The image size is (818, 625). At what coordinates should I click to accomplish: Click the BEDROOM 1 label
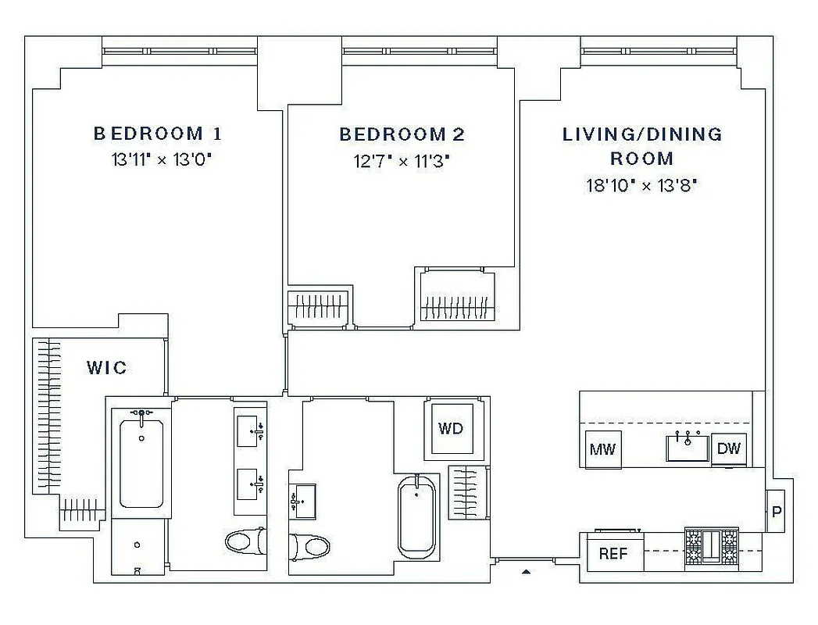point(158,134)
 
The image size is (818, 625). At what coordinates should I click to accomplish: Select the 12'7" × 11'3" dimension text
point(402,162)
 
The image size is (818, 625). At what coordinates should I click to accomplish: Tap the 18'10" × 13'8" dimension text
point(641,186)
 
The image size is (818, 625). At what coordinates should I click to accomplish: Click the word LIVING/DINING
point(642,134)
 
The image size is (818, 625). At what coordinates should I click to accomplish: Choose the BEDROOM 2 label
point(402,134)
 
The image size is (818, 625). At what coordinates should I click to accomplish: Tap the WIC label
point(107,367)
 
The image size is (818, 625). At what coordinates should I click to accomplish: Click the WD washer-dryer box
point(450,428)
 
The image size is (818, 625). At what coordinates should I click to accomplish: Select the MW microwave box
point(602,449)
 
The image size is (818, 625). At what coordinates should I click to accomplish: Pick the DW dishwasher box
point(728,448)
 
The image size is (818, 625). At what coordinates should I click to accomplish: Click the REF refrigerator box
point(613,554)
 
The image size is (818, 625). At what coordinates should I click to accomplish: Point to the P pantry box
point(776,512)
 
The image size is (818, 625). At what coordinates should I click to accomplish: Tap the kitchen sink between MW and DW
point(688,448)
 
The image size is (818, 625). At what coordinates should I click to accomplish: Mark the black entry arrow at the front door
point(526,572)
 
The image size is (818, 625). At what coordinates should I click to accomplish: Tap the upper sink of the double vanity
point(250,430)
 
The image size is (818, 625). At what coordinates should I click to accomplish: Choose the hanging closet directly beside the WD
point(468,492)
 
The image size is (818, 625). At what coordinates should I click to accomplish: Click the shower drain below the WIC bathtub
point(138,545)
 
